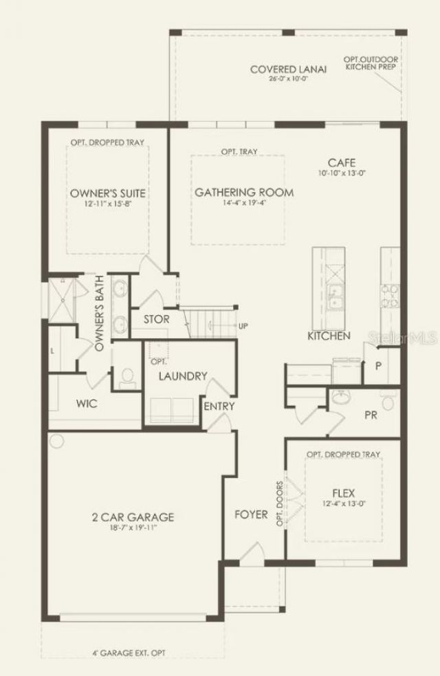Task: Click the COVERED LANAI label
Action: tap(288, 69)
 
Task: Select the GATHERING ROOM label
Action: tap(243, 193)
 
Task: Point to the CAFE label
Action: tap(341, 163)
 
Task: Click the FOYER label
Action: tap(251, 514)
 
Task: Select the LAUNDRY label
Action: tap(182, 376)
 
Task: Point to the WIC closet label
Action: tap(87, 403)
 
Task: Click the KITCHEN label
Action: tap(329, 336)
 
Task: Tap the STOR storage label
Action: tap(156, 320)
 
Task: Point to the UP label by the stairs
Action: tap(243, 325)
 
